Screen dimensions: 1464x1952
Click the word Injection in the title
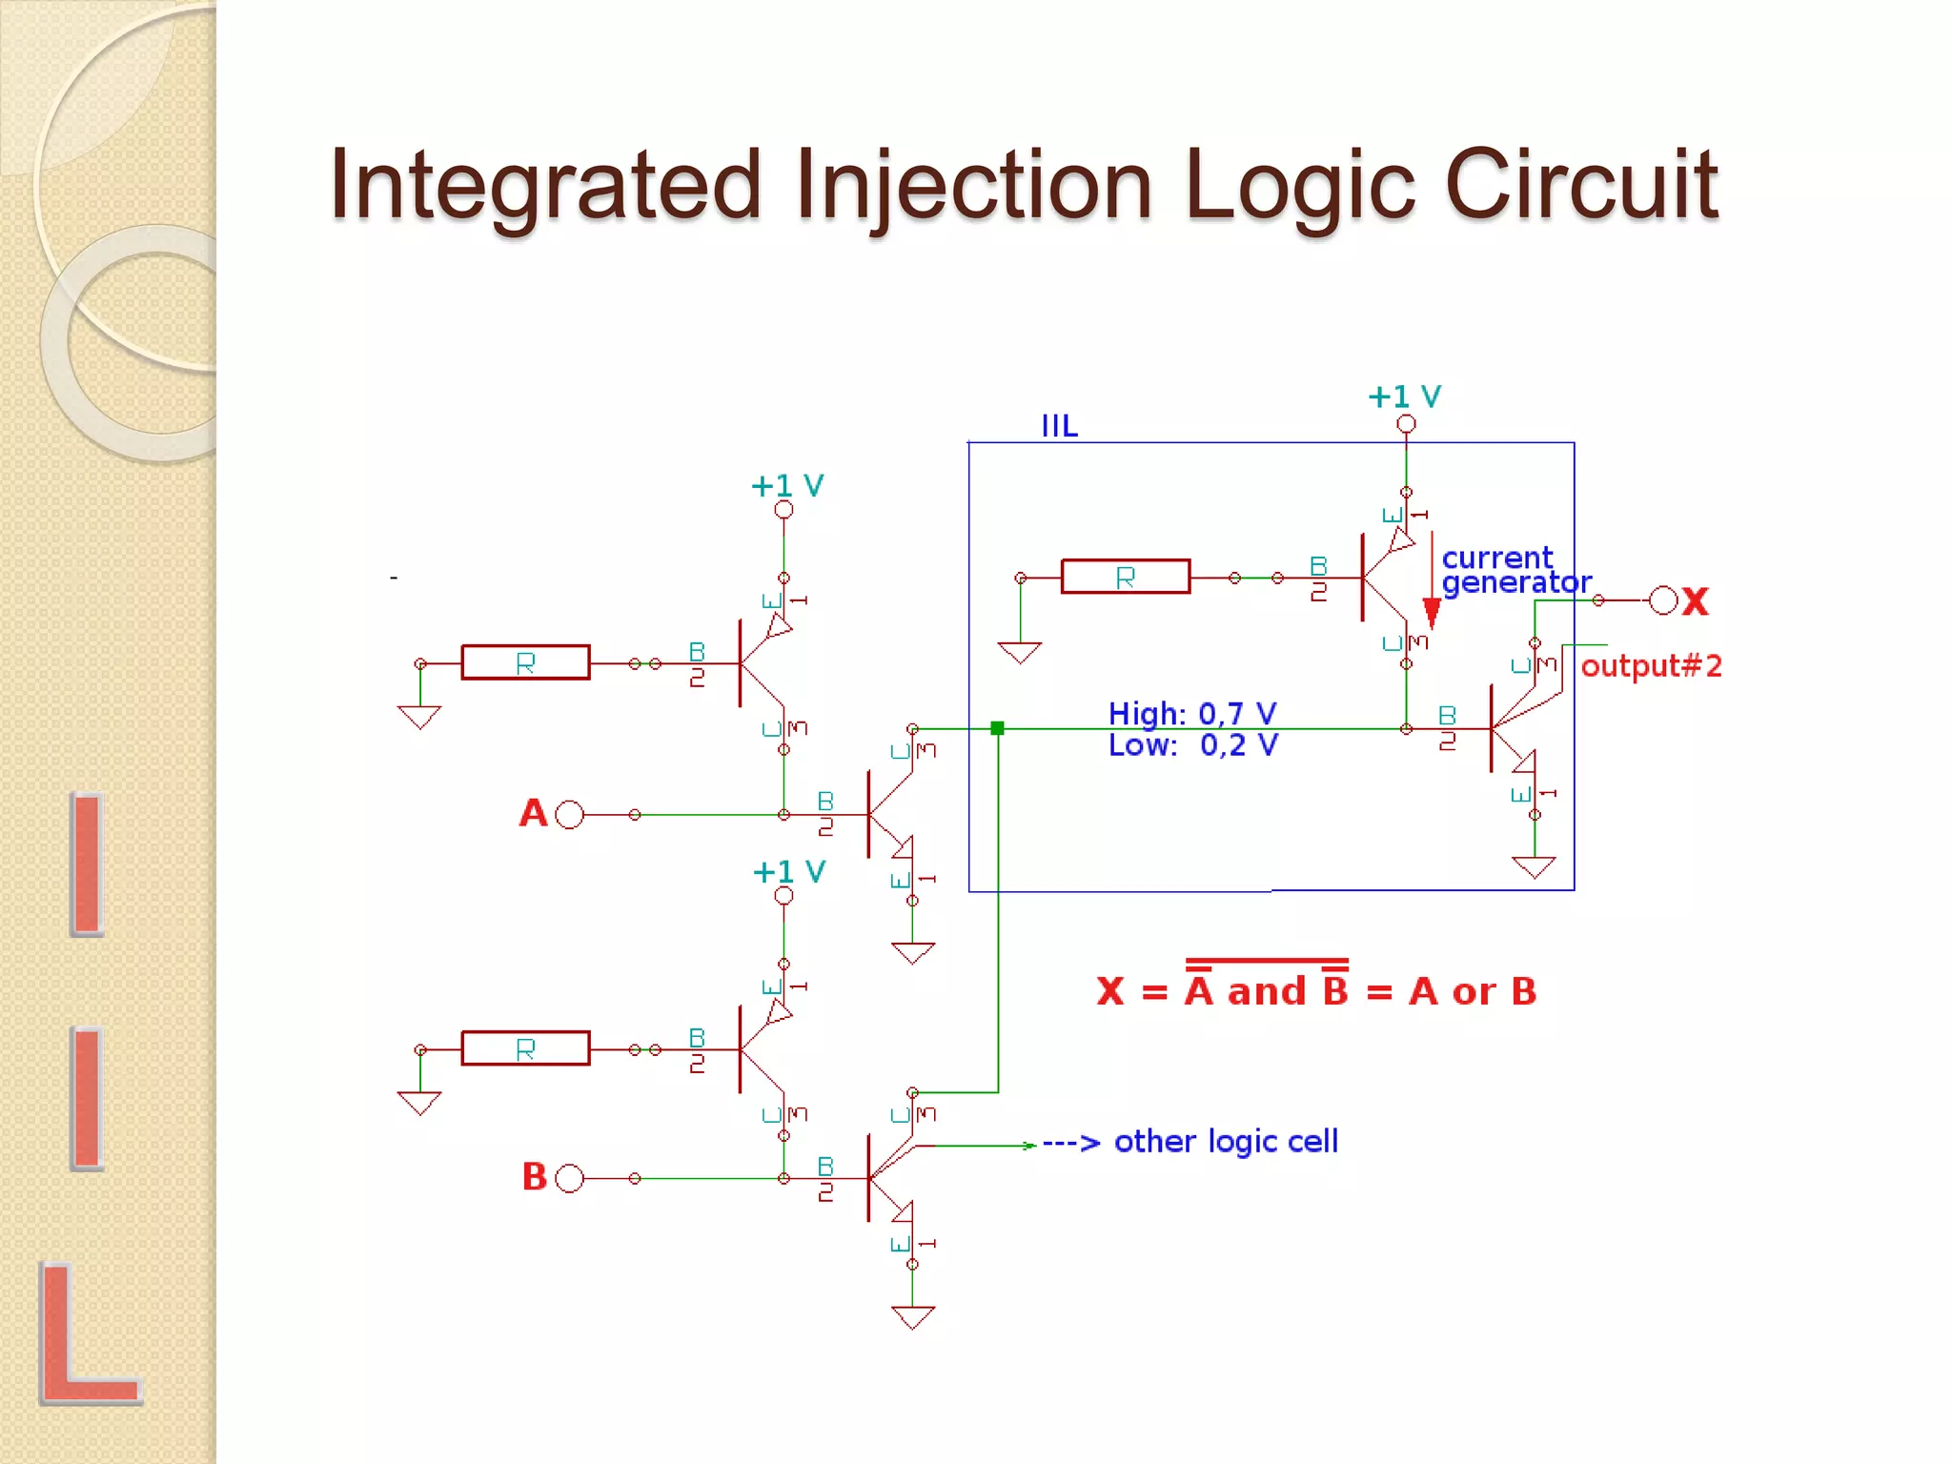972,187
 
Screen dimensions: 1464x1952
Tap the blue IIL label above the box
1059,426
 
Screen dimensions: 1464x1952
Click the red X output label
1696,601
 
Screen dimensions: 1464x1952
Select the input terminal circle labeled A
569,815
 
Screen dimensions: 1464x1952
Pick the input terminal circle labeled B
569,1178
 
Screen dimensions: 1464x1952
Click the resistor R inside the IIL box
1126,577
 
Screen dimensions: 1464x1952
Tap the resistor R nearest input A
525,662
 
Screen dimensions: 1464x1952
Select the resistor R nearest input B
525,1048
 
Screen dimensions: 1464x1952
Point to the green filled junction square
997,728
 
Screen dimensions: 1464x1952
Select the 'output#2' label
1651,666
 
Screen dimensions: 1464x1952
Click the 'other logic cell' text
1226,1141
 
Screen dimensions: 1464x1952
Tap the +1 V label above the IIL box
1404,396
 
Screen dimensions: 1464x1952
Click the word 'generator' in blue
1515,582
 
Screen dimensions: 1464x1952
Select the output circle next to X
1663,600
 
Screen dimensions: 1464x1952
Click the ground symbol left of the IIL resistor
1019,652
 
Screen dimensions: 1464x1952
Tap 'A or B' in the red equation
1473,992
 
